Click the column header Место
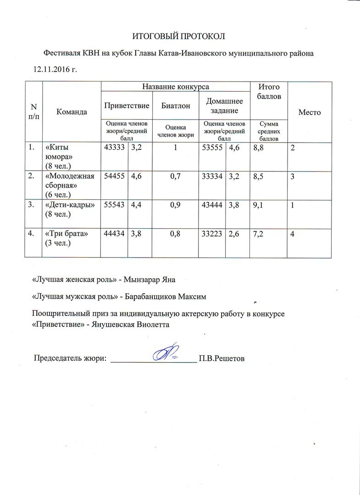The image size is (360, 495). point(309,112)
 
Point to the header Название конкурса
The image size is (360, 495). point(175,87)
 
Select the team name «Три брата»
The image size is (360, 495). point(65,234)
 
